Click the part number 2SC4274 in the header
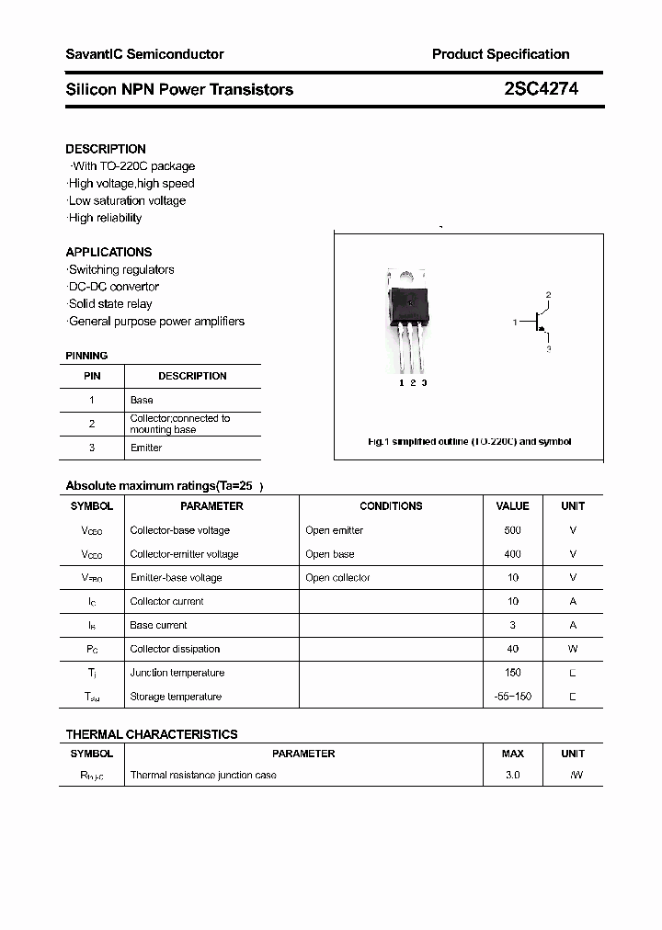(x=541, y=89)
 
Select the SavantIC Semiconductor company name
(x=144, y=54)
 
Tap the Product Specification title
(x=500, y=54)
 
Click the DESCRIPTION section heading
(x=106, y=149)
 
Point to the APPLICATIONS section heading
(x=108, y=252)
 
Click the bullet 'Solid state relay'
(x=110, y=304)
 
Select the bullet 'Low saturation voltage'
(x=127, y=201)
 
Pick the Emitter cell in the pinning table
(x=146, y=448)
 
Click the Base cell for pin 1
(x=142, y=400)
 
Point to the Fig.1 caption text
(x=469, y=442)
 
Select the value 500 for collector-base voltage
(x=512, y=530)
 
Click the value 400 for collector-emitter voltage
(x=512, y=554)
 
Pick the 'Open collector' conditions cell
(x=337, y=578)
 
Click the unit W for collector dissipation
(x=573, y=649)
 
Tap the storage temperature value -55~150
(x=512, y=697)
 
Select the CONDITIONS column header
(x=391, y=506)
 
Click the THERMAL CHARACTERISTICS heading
(x=152, y=734)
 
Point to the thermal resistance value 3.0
(x=512, y=775)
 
